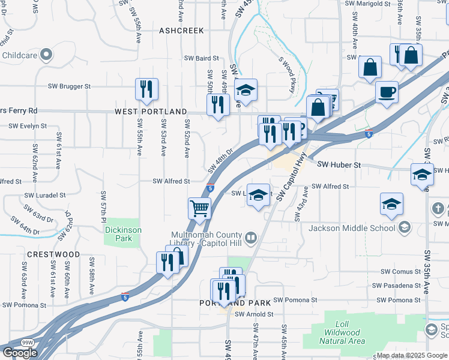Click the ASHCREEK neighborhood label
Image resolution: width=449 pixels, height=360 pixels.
[181, 30]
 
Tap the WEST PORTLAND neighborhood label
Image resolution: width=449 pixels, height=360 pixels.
[151, 112]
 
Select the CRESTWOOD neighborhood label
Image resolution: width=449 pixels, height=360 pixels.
[53, 254]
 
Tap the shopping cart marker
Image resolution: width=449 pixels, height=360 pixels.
[199, 209]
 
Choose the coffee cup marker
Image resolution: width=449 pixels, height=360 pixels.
[387, 92]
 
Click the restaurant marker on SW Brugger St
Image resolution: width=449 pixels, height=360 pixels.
[146, 89]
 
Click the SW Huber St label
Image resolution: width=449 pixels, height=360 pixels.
[338, 164]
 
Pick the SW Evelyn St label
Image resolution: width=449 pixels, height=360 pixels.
[28, 126]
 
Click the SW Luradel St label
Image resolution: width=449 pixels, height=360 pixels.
[45, 196]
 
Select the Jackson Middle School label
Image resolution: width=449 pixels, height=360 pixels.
[352, 228]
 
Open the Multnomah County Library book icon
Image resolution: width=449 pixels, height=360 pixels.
[251, 238]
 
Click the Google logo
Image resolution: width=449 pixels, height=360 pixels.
[20, 353]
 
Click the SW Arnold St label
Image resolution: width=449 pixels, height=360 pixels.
[254, 314]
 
